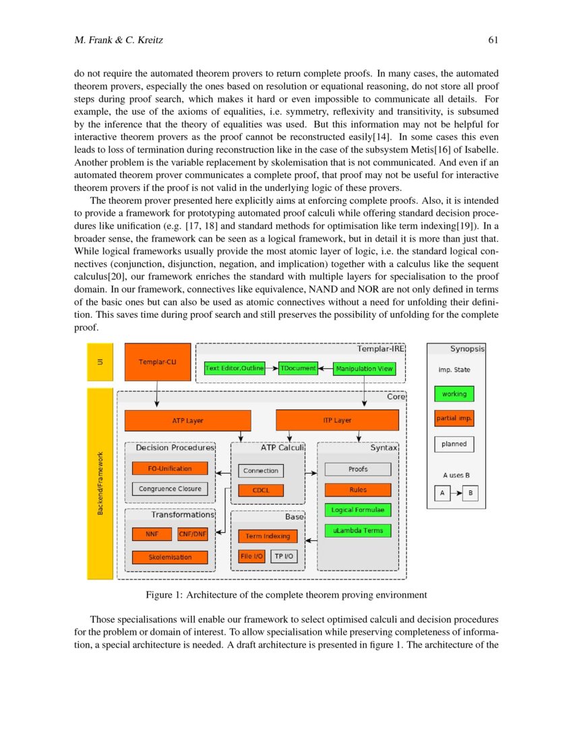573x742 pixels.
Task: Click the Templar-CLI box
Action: click(x=157, y=362)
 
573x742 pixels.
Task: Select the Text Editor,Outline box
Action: click(x=233, y=369)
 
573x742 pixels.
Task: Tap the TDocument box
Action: click(x=298, y=369)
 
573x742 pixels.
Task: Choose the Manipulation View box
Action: click(x=364, y=369)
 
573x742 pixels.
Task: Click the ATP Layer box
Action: click(x=187, y=420)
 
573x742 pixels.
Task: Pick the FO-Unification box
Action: click(x=170, y=468)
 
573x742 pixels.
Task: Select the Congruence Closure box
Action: click(x=170, y=489)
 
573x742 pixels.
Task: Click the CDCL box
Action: click(x=260, y=490)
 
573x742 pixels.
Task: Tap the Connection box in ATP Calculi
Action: click(x=260, y=471)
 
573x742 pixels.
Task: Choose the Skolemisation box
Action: click(x=170, y=557)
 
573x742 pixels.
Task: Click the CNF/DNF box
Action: click(x=192, y=534)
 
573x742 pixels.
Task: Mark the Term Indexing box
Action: click(x=267, y=536)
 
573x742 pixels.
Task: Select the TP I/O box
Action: click(x=284, y=556)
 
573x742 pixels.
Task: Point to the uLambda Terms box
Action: click(x=357, y=530)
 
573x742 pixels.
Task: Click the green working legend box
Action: click(x=454, y=394)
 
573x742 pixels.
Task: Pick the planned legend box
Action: click(x=454, y=445)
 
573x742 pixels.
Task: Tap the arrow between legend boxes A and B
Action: click(x=456, y=494)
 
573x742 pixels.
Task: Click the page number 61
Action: click(x=493, y=40)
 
